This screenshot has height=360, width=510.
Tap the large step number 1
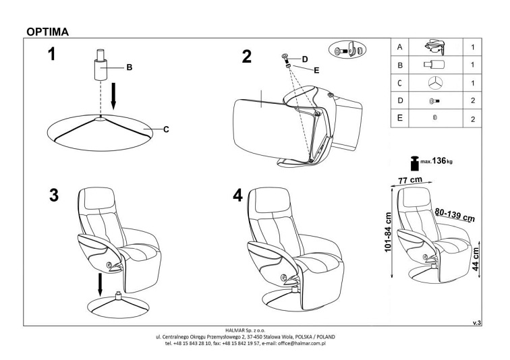point(51,55)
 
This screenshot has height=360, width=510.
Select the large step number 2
point(246,57)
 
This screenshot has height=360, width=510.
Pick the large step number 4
point(237,196)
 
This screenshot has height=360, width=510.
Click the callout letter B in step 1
point(129,67)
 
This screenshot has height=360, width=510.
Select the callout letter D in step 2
point(305,59)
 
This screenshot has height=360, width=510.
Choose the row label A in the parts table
point(400,48)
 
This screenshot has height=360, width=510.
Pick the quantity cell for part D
point(473,100)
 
